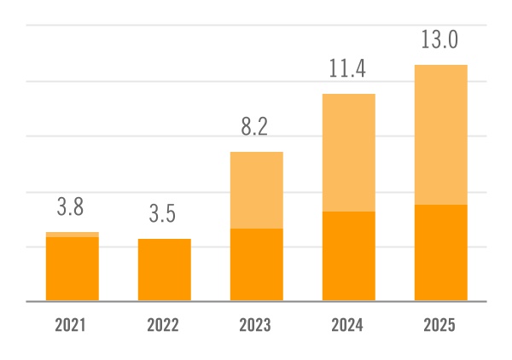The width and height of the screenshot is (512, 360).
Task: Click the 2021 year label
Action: tap(72, 325)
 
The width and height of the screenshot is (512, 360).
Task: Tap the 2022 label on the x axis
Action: tap(164, 325)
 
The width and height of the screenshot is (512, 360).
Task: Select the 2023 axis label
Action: tap(256, 325)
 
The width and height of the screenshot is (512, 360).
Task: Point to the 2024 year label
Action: tap(348, 325)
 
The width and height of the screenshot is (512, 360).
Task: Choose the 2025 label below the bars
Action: tap(440, 325)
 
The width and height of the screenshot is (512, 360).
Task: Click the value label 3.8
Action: tap(71, 207)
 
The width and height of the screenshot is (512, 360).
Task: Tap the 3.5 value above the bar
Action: tap(163, 214)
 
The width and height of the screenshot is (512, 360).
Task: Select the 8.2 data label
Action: tap(255, 128)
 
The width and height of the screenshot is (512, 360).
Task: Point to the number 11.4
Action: tap(348, 69)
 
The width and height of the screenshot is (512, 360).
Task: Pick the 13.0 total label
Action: tap(440, 40)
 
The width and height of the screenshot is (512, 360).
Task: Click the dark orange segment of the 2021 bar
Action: tap(73, 269)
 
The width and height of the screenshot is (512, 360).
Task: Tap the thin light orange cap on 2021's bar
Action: tap(73, 235)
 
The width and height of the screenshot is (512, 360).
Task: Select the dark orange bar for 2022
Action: tap(165, 270)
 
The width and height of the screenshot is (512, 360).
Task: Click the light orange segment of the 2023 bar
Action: tap(257, 190)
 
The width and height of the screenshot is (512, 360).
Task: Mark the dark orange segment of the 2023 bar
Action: tap(257, 264)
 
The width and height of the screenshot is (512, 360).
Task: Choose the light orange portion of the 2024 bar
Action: tap(349, 153)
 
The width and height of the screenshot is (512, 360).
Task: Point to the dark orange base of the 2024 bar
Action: tap(349, 256)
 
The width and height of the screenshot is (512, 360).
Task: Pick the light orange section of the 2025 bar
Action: tap(441, 135)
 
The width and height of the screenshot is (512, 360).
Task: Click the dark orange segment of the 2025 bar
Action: tap(441, 253)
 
